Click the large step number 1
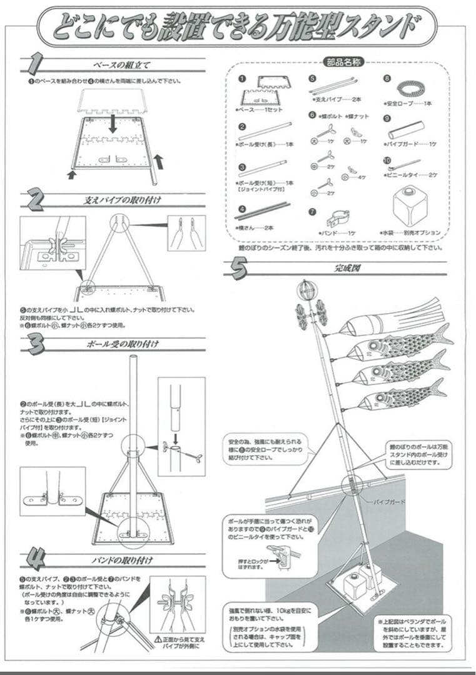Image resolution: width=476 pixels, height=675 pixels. pyautogui.click(x=36, y=64)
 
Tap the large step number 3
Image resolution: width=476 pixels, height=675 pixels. pyautogui.click(x=36, y=343)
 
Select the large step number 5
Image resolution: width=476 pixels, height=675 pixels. pyautogui.click(x=239, y=269)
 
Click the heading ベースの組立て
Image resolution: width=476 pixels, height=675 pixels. pyautogui.click(x=122, y=65)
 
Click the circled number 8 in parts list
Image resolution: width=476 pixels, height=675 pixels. pyautogui.click(x=387, y=79)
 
